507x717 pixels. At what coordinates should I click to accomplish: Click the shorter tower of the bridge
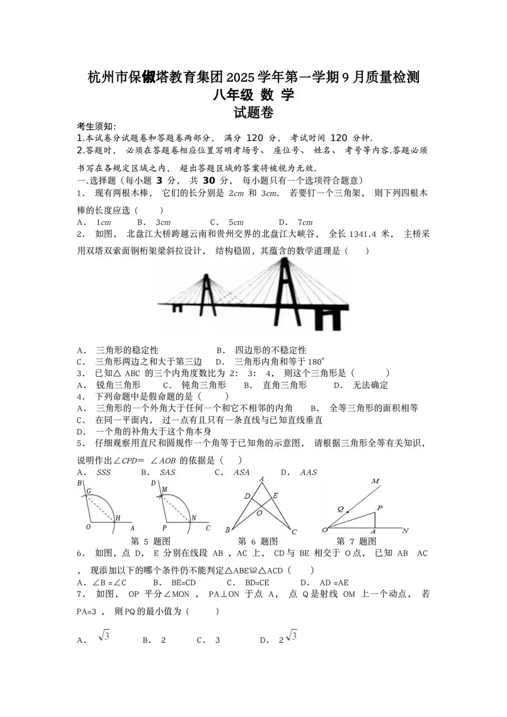(206, 292)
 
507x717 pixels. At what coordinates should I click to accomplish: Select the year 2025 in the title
(240, 78)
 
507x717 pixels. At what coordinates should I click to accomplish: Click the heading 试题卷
(253, 113)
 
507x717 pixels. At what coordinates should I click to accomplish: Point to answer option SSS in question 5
(103, 472)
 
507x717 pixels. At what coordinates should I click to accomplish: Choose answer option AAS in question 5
(308, 472)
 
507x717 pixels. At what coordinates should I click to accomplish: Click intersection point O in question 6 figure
(259, 512)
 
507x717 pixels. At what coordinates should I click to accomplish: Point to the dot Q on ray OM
(347, 512)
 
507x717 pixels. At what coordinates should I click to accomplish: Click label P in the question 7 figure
(379, 508)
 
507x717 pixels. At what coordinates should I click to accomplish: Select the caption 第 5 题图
(151, 541)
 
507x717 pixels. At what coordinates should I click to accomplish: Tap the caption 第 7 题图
(356, 541)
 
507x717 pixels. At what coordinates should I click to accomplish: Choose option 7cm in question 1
(305, 222)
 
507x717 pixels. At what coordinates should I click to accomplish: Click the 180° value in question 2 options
(315, 362)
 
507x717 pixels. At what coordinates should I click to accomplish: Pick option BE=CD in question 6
(183, 583)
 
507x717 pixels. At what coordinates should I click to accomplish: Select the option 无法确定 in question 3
(370, 385)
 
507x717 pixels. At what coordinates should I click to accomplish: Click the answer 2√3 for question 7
(287, 638)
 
